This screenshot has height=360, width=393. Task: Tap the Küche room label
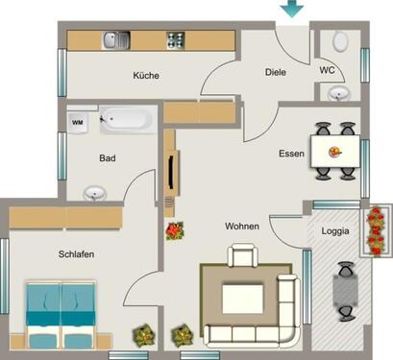(146, 75)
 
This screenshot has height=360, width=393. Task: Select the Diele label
(277, 72)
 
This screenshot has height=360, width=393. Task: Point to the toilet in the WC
(340, 41)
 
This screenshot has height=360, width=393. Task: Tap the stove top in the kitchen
(176, 40)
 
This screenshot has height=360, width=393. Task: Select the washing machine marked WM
(78, 122)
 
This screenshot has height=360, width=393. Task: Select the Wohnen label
(242, 227)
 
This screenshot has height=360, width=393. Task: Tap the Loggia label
(335, 231)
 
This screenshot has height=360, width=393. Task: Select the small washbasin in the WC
(338, 92)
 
